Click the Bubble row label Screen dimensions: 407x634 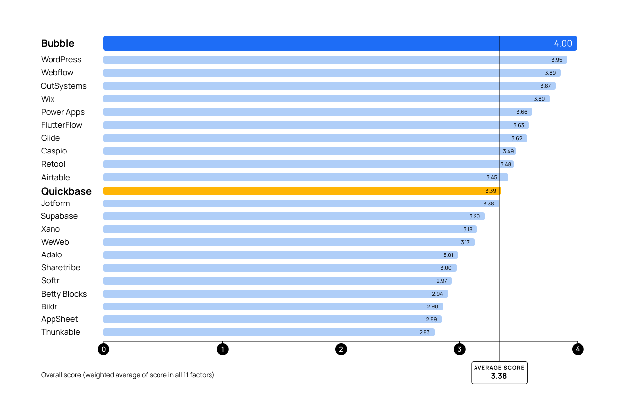[57, 43]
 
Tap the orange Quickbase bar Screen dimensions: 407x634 [297, 191]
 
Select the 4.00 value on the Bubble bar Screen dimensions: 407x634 [563, 43]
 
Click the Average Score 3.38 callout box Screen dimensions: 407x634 [499, 372]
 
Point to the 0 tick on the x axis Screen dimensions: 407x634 [104, 349]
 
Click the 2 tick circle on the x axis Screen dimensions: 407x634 [341, 349]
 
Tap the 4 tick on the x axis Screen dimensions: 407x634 [577, 349]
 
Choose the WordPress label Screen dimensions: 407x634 [61, 59]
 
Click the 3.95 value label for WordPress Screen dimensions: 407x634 [557, 60]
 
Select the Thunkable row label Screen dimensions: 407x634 [60, 332]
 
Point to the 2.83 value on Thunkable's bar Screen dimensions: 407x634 [424, 332]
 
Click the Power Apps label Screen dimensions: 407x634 [63, 112]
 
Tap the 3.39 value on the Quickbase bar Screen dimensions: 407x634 [490, 191]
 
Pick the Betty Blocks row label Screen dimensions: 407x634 [64, 294]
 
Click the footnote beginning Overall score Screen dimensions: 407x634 [128, 375]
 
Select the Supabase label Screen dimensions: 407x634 [59, 216]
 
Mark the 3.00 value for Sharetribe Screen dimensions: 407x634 [446, 268]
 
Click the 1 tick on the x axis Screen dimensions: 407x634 [222, 349]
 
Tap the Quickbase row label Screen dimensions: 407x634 [66, 191]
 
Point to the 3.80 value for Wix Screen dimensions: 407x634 [539, 99]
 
